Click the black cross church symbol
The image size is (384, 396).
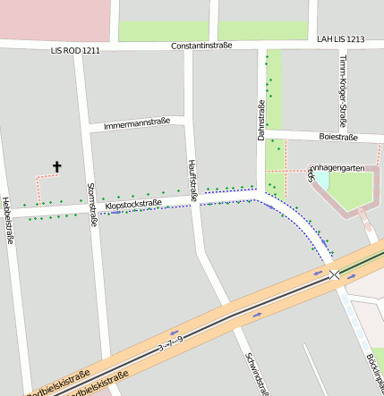click(57, 166)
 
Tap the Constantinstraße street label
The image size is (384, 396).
click(201, 45)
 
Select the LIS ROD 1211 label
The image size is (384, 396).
click(75, 52)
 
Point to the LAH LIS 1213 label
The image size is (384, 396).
click(340, 39)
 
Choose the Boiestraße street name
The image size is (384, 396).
click(338, 137)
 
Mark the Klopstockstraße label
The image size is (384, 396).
click(133, 205)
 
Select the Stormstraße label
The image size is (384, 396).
click(90, 205)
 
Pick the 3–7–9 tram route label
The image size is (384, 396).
click(170, 342)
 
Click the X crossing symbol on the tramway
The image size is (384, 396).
click(334, 275)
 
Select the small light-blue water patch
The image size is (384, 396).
click(320, 180)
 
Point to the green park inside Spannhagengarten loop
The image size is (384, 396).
click(351, 190)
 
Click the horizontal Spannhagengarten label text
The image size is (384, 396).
click(338, 167)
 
